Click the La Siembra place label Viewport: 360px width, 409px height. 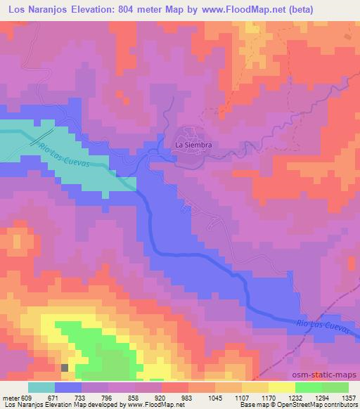193,145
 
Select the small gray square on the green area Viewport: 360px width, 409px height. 65,367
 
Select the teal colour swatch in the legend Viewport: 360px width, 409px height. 41,387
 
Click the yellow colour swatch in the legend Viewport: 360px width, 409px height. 282,387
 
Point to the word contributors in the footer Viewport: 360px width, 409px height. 339,405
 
